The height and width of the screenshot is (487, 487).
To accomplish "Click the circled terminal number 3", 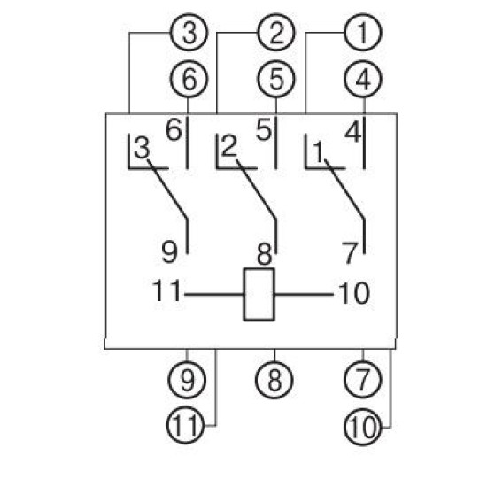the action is [x=189, y=32].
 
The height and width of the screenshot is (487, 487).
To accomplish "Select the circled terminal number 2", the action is [x=275, y=32].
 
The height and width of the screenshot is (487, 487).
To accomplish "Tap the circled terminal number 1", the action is [x=363, y=32].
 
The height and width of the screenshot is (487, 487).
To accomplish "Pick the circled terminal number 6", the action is [x=189, y=79].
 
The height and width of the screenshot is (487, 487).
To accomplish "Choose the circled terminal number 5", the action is [x=276, y=79].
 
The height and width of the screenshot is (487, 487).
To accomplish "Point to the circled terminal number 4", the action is [x=363, y=79].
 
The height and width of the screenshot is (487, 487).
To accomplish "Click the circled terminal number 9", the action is [x=187, y=380].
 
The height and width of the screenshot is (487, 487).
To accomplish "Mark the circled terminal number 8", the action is [x=274, y=380].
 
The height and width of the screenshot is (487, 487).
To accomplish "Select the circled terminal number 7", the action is [x=363, y=380].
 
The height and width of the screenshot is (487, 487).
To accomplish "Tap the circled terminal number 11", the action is [x=186, y=425].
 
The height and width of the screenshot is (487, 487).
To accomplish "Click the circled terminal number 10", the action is [x=362, y=427].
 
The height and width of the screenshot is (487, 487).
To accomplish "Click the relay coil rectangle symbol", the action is [x=259, y=294].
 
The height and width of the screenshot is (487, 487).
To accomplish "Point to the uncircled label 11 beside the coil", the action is [x=166, y=290].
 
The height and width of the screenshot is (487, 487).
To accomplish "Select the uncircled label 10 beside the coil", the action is [x=354, y=293].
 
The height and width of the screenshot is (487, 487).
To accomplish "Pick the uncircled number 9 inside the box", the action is [x=170, y=252].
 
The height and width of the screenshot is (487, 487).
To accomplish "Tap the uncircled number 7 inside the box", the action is [x=350, y=253].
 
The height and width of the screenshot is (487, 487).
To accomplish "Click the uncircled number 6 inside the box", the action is [x=174, y=130].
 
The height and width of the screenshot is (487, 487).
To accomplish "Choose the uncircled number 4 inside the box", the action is [x=353, y=132].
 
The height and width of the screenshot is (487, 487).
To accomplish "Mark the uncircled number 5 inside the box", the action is [x=264, y=129].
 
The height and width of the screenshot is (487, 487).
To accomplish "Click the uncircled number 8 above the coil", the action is [x=265, y=254].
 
